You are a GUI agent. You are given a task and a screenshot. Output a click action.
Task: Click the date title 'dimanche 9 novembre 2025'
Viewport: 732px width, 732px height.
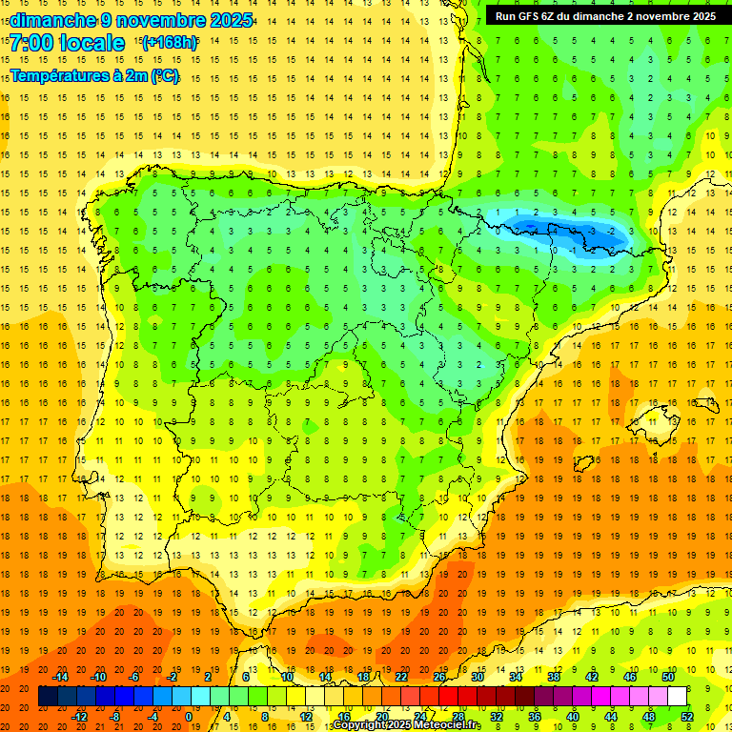pyautogui.click(x=132, y=20)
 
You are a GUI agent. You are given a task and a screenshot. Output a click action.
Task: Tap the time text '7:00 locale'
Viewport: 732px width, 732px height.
pyautogui.click(x=67, y=43)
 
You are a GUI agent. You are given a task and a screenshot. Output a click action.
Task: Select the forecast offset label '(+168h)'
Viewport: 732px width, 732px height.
pyautogui.click(x=170, y=43)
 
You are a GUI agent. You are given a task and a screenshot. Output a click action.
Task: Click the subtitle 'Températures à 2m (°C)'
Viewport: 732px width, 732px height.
pyautogui.click(x=94, y=75)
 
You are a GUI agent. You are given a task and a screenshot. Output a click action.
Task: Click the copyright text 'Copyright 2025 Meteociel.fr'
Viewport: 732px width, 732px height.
pyautogui.click(x=407, y=725)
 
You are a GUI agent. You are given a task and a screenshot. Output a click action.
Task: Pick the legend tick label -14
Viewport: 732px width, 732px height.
pyautogui.click(x=60, y=677)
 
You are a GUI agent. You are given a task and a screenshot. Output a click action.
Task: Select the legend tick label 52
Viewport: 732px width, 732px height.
pyautogui.click(x=687, y=717)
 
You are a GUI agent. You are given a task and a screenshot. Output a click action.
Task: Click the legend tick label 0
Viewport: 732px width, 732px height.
pyautogui.click(x=188, y=717)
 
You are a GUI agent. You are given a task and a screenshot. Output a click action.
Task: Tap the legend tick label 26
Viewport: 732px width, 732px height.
pyautogui.click(x=439, y=677)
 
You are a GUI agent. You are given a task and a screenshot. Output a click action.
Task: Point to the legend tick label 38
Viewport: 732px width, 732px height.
pyautogui.click(x=554, y=677)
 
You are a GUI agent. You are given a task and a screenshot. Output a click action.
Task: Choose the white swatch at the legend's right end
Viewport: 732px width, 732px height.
pyautogui.click(x=677, y=697)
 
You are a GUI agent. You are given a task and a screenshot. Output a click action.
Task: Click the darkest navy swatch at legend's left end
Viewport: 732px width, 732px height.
pyautogui.click(x=48, y=697)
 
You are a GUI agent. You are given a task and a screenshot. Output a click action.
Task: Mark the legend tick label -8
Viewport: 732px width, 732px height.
pyautogui.click(x=113, y=717)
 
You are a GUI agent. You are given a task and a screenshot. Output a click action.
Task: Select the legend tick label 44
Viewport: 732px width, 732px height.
pyautogui.click(x=611, y=717)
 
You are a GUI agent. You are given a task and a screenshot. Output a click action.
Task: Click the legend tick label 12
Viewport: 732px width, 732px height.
pyautogui.click(x=306, y=717)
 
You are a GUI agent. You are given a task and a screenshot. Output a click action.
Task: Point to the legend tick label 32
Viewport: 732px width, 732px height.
pyautogui.click(x=497, y=717)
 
